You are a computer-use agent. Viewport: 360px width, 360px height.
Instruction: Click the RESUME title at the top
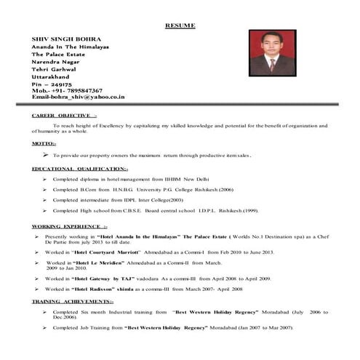tap(180, 25)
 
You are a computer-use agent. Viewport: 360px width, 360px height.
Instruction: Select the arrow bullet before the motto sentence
tap(46, 155)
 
